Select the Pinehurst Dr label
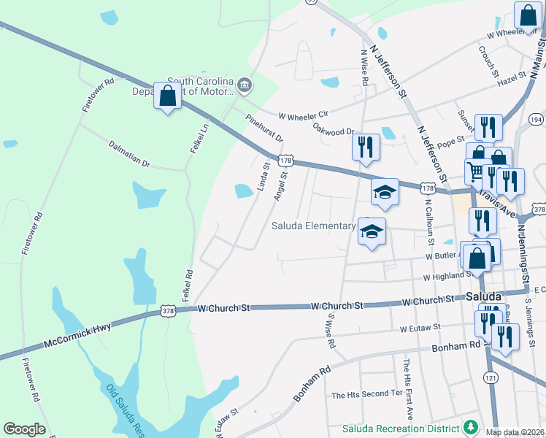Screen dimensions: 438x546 click(x=264, y=128)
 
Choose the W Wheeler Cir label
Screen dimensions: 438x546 click(x=304, y=114)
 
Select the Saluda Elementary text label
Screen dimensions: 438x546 click(x=313, y=226)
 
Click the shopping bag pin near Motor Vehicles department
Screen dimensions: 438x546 click(x=168, y=96)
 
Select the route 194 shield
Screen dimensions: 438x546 click(x=537, y=120)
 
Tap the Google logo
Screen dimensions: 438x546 click(x=24, y=429)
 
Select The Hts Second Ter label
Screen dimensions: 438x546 click(x=367, y=395)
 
